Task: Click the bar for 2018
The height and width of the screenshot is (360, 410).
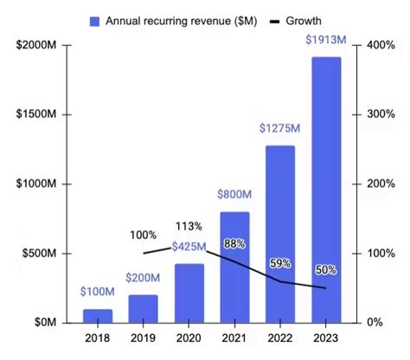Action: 98,315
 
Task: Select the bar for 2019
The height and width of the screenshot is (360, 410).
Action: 144,308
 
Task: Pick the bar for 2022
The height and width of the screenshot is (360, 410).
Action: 280,234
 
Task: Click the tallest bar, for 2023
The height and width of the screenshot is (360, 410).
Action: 326,190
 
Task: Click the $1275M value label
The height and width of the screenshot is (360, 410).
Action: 280,129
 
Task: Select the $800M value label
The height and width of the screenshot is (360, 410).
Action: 235,195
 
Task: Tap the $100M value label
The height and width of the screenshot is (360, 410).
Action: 98,292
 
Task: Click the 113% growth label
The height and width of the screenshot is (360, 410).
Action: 189,227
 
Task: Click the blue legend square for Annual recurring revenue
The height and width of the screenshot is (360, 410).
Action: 94,19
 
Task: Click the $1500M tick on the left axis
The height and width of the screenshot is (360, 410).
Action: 35,114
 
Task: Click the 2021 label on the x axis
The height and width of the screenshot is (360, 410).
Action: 235,339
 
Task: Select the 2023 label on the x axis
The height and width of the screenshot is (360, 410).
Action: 326,339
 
